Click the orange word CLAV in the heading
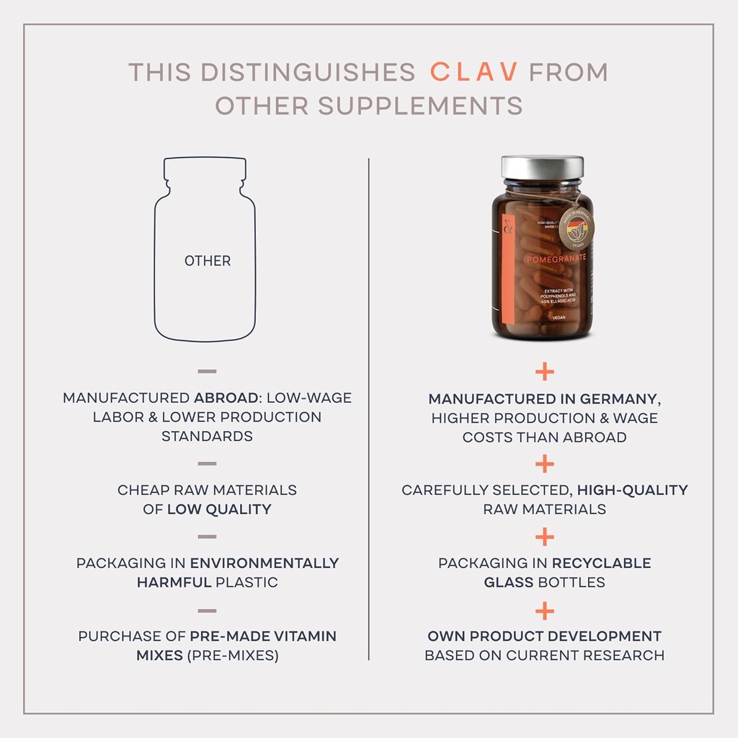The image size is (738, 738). click(474, 72)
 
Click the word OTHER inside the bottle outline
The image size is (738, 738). click(208, 261)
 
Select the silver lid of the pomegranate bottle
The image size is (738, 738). click(543, 167)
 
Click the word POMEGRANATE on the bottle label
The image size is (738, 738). click(555, 257)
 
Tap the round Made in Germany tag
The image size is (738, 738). click(577, 227)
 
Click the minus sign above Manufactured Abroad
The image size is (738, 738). click(207, 372)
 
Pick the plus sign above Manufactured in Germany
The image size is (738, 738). click(545, 372)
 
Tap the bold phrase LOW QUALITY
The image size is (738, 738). click(219, 509)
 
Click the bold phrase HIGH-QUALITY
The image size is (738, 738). click(632, 490)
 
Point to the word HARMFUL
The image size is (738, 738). click(172, 582)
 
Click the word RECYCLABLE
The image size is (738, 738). click(601, 563)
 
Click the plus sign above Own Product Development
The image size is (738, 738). click(545, 611)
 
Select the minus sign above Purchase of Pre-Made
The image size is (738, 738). click(207, 611)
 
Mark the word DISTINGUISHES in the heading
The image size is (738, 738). click(308, 72)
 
